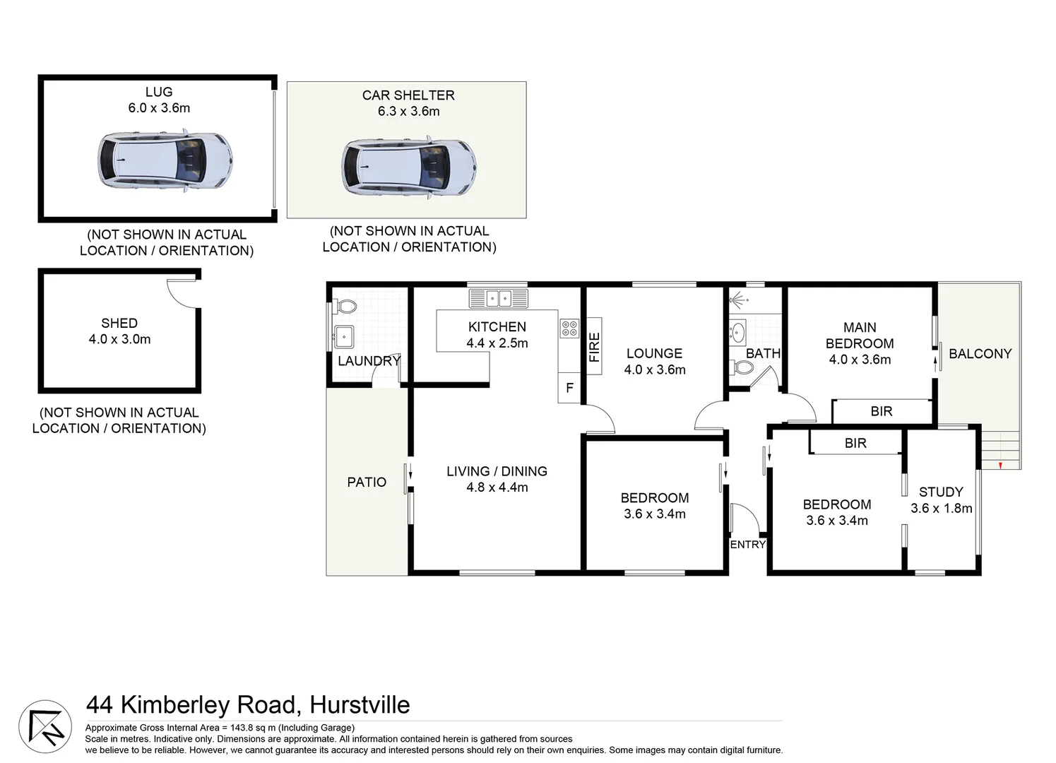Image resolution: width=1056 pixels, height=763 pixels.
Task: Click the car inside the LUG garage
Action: pyautogui.click(x=165, y=160)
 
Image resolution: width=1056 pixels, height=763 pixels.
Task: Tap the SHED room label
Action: pyautogui.click(x=119, y=323)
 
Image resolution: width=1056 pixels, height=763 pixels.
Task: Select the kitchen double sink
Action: pyautogui.click(x=498, y=298)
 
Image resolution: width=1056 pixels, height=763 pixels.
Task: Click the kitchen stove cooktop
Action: pyautogui.click(x=569, y=328)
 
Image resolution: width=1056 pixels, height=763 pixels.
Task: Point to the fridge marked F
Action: pyautogui.click(x=569, y=388)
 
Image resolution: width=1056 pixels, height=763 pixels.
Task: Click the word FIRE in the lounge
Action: pyautogui.click(x=595, y=348)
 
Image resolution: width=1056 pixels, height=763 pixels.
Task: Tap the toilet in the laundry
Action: pyautogui.click(x=345, y=307)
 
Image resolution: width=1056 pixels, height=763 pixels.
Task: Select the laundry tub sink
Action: pyautogui.click(x=343, y=336)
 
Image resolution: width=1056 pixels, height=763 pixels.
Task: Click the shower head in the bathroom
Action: pyautogui.click(x=737, y=301)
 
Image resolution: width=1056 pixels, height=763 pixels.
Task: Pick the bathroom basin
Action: pyautogui.click(x=738, y=331)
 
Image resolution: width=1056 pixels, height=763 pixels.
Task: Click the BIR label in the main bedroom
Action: pyautogui.click(x=881, y=411)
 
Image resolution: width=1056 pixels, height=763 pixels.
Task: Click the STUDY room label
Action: pyautogui.click(x=941, y=492)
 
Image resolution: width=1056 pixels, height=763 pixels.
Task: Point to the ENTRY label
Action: pyautogui.click(x=747, y=545)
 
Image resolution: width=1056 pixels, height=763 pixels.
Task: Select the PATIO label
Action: pyautogui.click(x=367, y=482)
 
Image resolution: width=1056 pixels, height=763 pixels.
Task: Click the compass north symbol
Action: pyautogui.click(x=45, y=726)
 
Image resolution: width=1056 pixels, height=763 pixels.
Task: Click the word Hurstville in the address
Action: pyautogui.click(x=360, y=705)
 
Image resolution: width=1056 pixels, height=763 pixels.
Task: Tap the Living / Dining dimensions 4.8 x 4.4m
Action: pyautogui.click(x=497, y=487)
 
